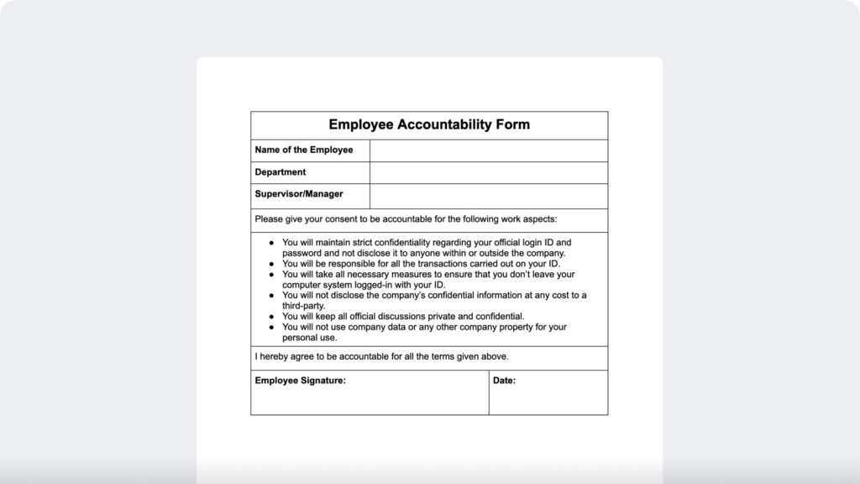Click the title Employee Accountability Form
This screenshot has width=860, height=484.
pos(429,125)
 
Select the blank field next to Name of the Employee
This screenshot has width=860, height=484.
pos(488,150)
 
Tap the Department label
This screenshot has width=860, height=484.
pos(281,172)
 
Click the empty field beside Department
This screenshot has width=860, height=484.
pos(488,172)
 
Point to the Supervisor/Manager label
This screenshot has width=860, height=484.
pos(299,194)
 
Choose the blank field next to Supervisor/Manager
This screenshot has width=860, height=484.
pos(488,195)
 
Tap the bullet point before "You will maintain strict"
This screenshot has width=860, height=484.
pos(272,243)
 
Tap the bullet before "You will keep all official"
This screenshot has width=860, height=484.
pos(272,317)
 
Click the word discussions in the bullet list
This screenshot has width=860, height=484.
pos(412,317)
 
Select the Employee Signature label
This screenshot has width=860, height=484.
pos(300,381)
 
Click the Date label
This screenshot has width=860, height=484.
pos(504,381)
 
